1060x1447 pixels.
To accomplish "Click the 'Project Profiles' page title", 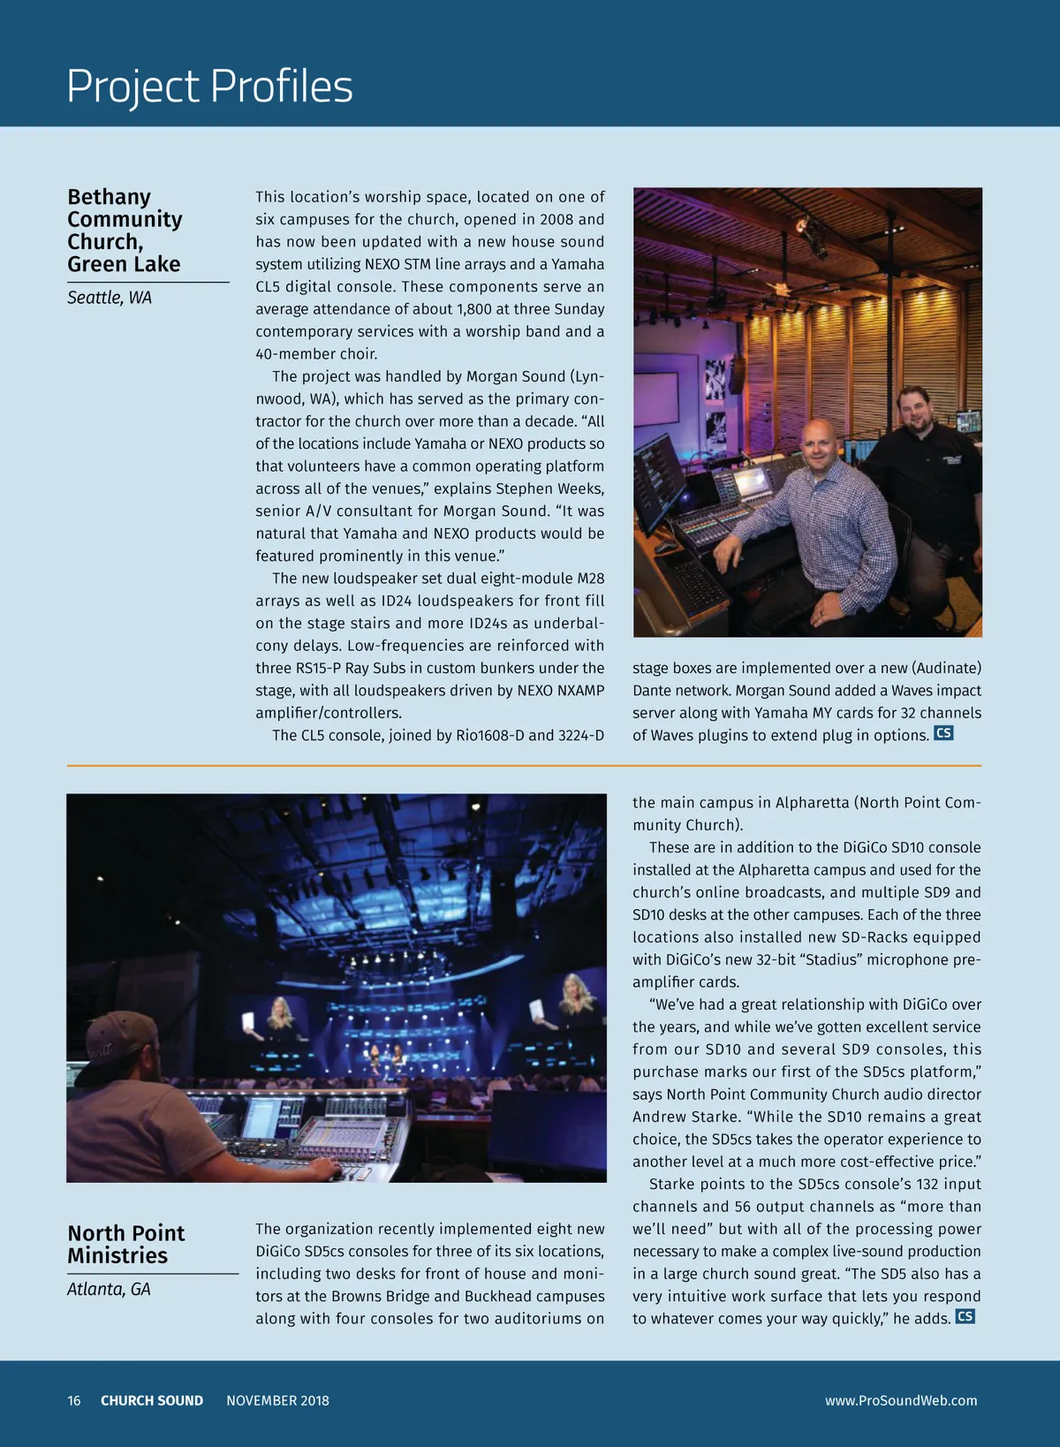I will click(209, 87).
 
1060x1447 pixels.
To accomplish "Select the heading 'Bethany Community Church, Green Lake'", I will click(125, 231).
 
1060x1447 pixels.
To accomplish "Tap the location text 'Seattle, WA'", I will click(110, 298).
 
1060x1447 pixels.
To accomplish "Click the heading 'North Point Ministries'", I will click(126, 1244).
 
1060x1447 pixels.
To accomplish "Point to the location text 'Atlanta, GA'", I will click(110, 1289).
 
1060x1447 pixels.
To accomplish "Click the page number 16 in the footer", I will click(74, 1400).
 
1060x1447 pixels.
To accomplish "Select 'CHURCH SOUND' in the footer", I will click(152, 1400).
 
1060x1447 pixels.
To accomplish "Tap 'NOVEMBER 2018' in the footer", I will click(277, 1400).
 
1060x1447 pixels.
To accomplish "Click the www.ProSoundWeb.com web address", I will click(901, 1400).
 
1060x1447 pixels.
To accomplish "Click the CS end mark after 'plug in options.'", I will click(943, 733).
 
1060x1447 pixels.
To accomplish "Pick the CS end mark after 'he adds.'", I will click(965, 1316).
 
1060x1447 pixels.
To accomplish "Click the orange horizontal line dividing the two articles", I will click(524, 765).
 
